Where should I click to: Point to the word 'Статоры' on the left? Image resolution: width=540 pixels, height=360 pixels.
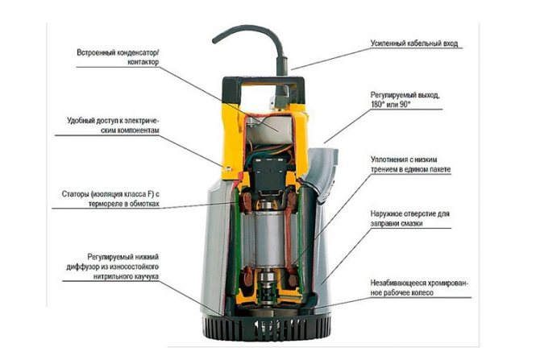pyautogui.click(x=77, y=195)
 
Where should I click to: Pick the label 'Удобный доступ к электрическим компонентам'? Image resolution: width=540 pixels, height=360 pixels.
pyautogui.click(x=115, y=125)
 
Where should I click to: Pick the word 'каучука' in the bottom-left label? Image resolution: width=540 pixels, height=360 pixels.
pyautogui.click(x=139, y=275)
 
